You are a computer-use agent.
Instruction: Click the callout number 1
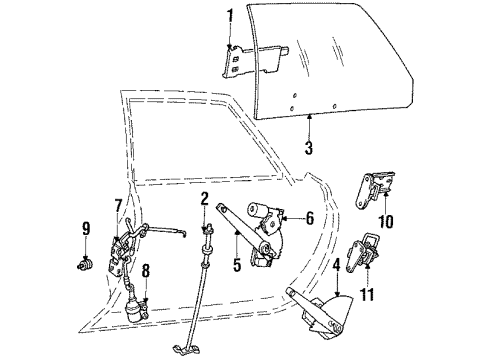pos(229,16)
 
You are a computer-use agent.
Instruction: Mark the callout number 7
pos(117,206)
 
